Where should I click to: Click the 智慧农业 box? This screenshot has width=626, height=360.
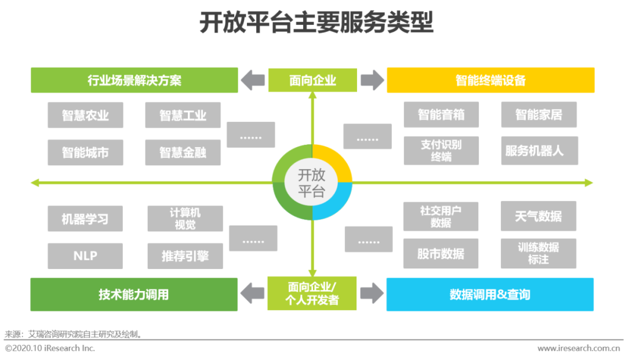pyautogui.click(x=85, y=115)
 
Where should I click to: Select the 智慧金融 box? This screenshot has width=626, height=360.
pyautogui.click(x=183, y=152)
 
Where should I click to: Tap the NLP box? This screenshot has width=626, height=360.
pyautogui.click(x=85, y=256)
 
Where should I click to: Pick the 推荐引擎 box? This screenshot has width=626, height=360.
pyautogui.click(x=185, y=256)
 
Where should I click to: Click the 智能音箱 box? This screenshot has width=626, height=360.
pyautogui.click(x=441, y=115)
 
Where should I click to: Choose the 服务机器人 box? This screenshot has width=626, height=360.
pyautogui.click(x=540, y=151)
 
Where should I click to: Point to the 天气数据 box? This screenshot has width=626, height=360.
pyautogui.click(x=538, y=216)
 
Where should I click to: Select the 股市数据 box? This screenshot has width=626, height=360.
pyautogui.click(x=441, y=253)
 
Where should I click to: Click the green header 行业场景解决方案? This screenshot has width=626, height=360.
pyautogui.click(x=134, y=80)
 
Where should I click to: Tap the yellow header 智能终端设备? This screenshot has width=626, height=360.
pyautogui.click(x=491, y=80)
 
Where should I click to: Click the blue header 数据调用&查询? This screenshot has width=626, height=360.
pyautogui.click(x=490, y=294)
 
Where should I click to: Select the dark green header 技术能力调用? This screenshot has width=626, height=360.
pyautogui.click(x=134, y=294)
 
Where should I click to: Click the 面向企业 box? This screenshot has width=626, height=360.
pyautogui.click(x=312, y=80)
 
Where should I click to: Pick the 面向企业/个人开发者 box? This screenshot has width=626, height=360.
pyautogui.click(x=312, y=293)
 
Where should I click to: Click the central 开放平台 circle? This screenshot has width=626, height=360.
pyautogui.click(x=312, y=183)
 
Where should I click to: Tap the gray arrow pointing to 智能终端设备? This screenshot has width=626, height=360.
pyautogui.click(x=372, y=80)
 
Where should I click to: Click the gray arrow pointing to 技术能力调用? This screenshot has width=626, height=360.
pyautogui.click(x=252, y=293)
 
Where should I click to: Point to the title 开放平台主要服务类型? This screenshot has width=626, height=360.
pyautogui.click(x=316, y=22)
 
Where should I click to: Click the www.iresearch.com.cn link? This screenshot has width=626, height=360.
pyautogui.click(x=578, y=348)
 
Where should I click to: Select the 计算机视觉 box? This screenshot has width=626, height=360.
pyautogui.click(x=185, y=219)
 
